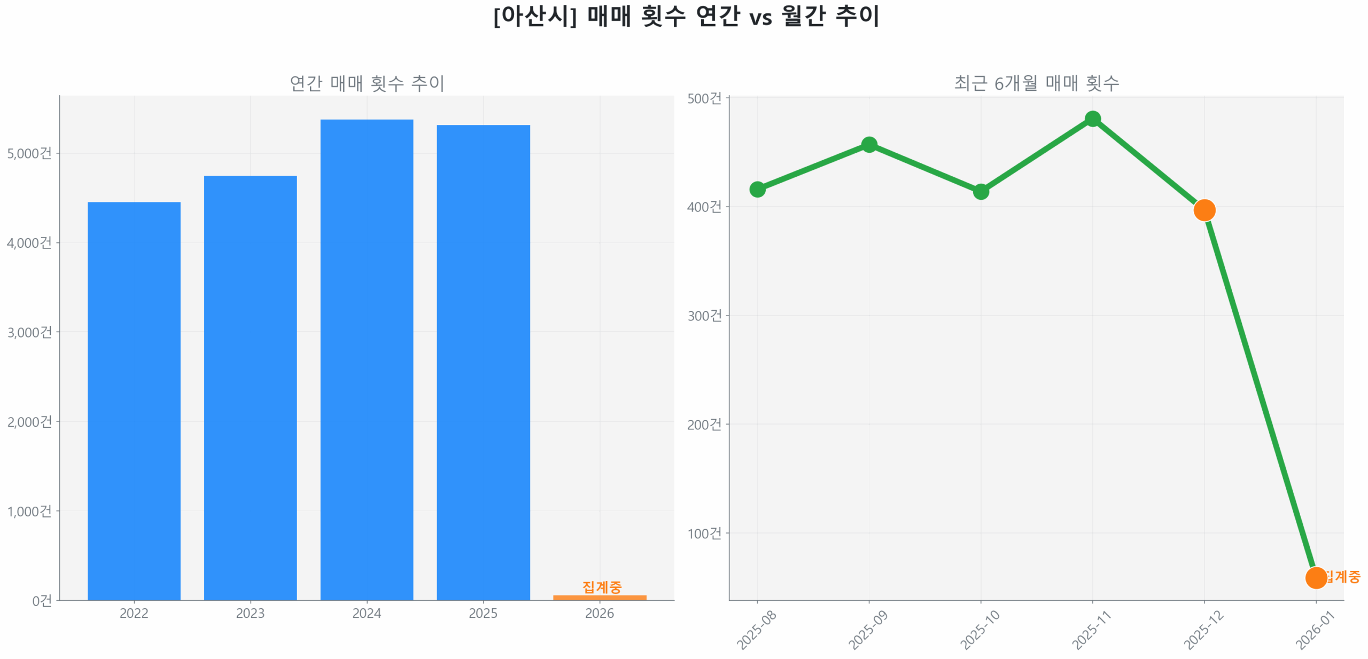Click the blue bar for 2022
tap(134, 401)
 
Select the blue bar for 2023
tap(250, 387)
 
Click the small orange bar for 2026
tap(600, 598)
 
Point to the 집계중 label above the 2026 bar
tap(602, 587)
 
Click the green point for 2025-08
tap(757, 189)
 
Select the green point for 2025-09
tap(869, 145)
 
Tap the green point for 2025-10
tap(981, 191)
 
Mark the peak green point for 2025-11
tap(1093, 119)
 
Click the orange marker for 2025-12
tap(1204, 210)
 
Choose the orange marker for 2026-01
tap(1316, 577)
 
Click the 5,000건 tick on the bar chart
tap(29, 154)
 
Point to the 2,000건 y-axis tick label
tap(29, 422)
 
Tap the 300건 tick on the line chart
tap(704, 316)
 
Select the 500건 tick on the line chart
tap(704, 99)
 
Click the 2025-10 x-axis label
tap(980, 630)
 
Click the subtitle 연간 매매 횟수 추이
tap(367, 83)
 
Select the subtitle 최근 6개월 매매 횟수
tap(1036, 83)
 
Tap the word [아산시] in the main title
tap(535, 16)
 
